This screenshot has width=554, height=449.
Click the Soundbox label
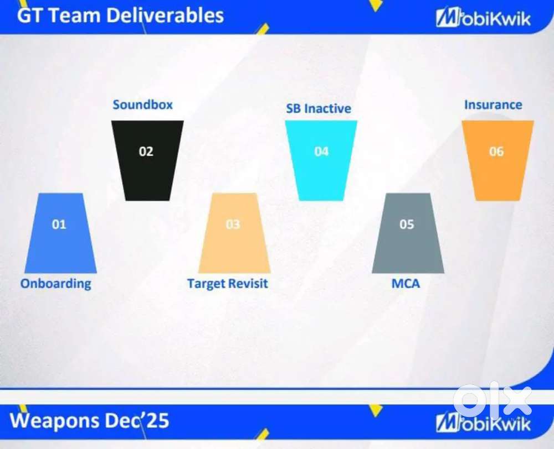click(x=143, y=105)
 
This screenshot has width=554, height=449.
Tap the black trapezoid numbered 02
click(x=147, y=160)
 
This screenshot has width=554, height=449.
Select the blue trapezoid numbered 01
click(x=60, y=233)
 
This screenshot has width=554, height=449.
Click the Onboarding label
click(x=56, y=284)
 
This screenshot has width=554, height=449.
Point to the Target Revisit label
click(x=228, y=284)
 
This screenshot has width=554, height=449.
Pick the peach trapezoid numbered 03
click(x=234, y=233)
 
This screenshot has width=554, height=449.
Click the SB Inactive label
click(x=319, y=108)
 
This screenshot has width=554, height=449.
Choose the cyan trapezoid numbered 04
click(x=321, y=160)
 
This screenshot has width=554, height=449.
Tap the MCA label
click(x=406, y=284)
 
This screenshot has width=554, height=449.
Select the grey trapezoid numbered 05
click(x=408, y=233)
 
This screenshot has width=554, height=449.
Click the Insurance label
click(x=493, y=105)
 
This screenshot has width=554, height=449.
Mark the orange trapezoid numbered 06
click(x=498, y=160)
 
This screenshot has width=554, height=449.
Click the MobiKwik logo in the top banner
click(x=483, y=18)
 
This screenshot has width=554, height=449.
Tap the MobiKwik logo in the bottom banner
click(x=483, y=422)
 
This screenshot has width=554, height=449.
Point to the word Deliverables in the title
click(x=165, y=15)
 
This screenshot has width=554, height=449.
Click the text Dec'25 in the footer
click(x=135, y=420)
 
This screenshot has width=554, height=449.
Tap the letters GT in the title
click(x=30, y=15)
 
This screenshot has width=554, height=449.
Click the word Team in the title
click(x=75, y=15)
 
